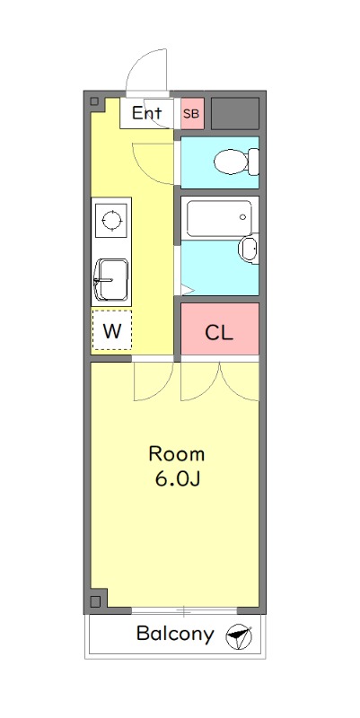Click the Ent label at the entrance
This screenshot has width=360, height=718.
(x=146, y=113)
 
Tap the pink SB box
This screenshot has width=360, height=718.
(x=192, y=113)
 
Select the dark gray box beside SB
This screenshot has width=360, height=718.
(x=234, y=112)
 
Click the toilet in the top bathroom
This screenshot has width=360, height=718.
(x=235, y=162)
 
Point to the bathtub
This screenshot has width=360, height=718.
(x=218, y=218)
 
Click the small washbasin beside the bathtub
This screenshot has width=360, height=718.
(x=248, y=248)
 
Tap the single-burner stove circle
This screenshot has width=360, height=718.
(x=112, y=219)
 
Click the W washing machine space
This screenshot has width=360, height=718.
(x=111, y=330)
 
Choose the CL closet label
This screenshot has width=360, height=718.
(x=219, y=333)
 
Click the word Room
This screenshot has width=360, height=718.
(x=177, y=453)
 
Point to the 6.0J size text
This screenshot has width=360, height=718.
(x=177, y=478)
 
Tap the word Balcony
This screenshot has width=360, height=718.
(x=175, y=635)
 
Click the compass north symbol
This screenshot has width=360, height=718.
(x=239, y=636)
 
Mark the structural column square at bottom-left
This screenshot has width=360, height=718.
(x=98, y=599)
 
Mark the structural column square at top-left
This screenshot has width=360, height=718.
(x=98, y=103)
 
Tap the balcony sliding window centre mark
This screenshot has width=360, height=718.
(x=183, y=611)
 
